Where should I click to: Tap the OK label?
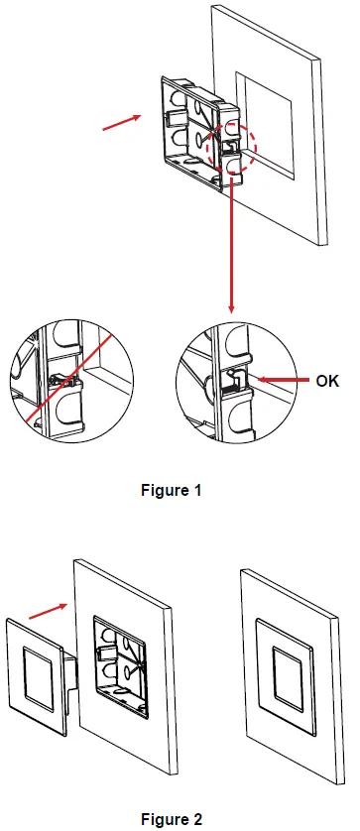(327, 379)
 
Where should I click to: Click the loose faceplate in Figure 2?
(39, 674)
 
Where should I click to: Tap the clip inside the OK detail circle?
(238, 379)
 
